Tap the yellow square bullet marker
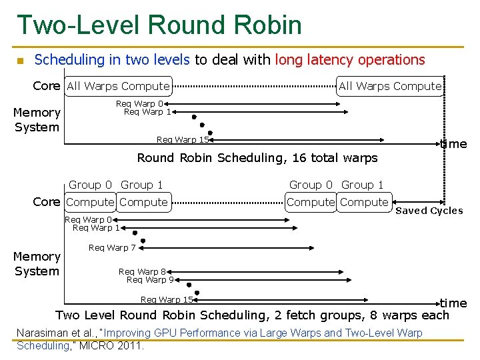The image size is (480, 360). point(20,61)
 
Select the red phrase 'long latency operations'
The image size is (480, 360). point(349,60)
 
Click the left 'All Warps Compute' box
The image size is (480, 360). point(118,86)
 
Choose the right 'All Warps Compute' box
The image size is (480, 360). point(390,86)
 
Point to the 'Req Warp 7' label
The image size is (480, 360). point(112,248)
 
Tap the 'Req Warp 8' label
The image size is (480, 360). point(142,271)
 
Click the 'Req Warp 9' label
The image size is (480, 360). point(150,279)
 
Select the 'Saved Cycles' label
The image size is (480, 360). point(429,211)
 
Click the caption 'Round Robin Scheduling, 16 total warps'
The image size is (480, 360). point(257,158)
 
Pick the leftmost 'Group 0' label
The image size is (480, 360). point(90,185)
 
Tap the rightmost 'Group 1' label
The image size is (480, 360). point(362,185)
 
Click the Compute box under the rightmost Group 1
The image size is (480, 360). point(363,202)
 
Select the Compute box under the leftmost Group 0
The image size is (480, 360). point(91,202)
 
